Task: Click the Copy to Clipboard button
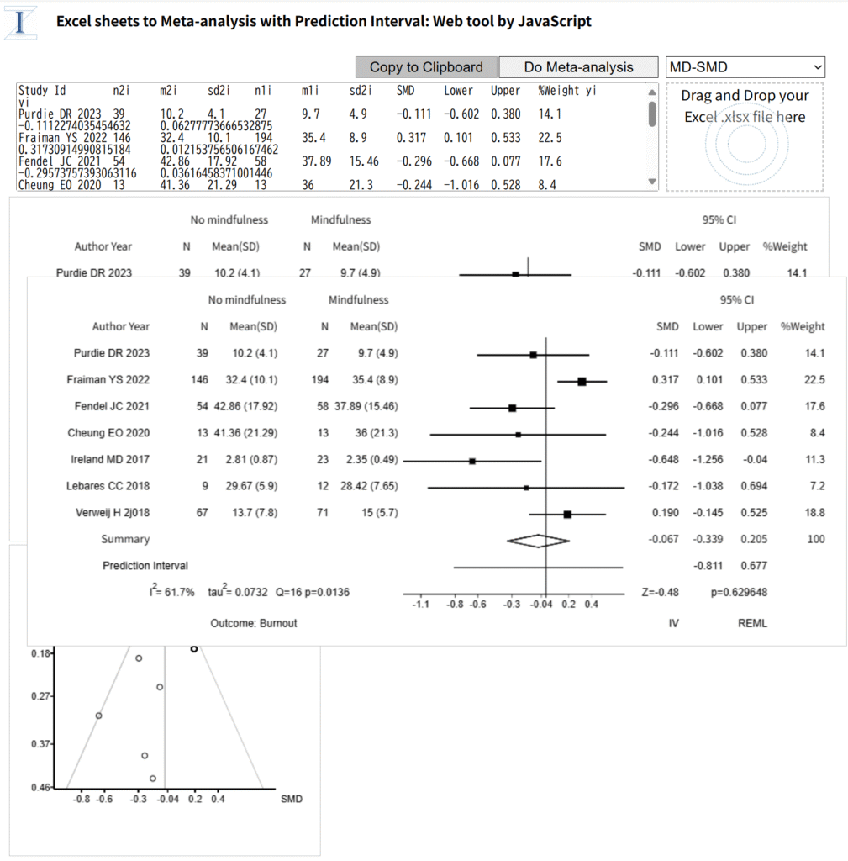click(426, 67)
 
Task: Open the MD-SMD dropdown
click(745, 67)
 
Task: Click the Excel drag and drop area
click(745, 137)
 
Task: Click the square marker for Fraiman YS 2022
click(582, 381)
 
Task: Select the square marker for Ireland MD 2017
click(472, 462)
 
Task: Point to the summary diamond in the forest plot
click(538, 541)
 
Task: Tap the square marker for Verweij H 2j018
click(567, 515)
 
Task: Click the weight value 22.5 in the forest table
click(814, 379)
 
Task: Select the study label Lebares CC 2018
click(108, 486)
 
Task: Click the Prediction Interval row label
click(145, 566)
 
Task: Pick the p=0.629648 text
click(739, 592)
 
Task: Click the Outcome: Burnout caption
click(254, 623)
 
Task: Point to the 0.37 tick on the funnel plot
click(40, 744)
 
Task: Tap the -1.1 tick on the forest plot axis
click(420, 605)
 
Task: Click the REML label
click(752, 623)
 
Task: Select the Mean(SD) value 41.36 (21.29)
click(246, 433)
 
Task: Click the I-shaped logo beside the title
click(20, 23)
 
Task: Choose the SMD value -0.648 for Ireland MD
click(664, 459)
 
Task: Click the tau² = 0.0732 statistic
click(238, 591)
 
